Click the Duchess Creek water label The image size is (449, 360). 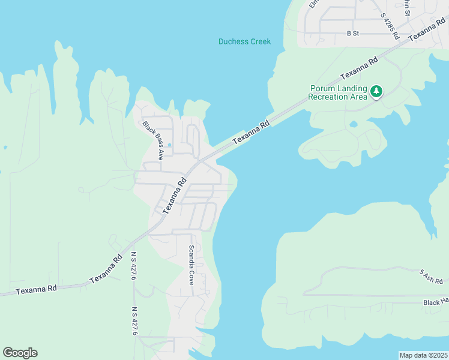244,42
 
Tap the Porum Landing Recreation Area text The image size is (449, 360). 338,93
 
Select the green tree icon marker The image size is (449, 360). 376,92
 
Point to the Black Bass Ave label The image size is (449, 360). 152,140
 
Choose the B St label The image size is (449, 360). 352,34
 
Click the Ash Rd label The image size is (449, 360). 432,277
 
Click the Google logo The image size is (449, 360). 20,353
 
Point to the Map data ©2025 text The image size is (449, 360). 423,355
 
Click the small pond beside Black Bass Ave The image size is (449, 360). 170,145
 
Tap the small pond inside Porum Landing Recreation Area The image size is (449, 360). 354,124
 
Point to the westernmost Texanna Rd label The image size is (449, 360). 36,289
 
